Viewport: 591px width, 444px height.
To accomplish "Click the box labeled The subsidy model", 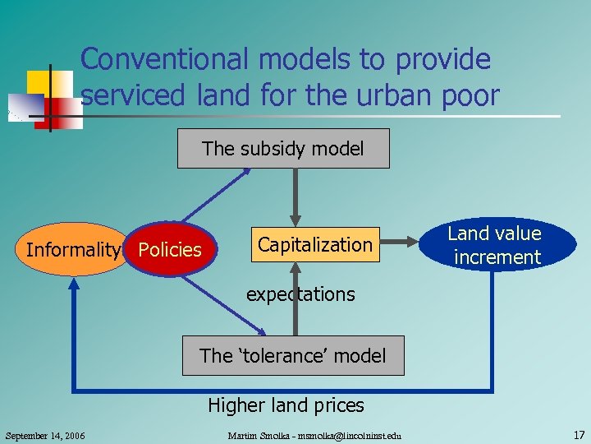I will pyautogui.click(x=283, y=149).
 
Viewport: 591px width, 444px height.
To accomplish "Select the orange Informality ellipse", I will pyautogui.click(x=72, y=249).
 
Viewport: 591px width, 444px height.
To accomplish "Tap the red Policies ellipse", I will pyautogui.click(x=170, y=249).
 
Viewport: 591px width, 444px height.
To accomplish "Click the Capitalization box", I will pyautogui.click(x=314, y=244).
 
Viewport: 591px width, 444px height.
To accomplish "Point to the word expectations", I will pyautogui.click(x=300, y=294).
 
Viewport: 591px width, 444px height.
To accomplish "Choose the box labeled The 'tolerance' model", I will pyautogui.click(x=292, y=355).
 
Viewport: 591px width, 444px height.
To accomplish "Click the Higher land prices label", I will pyautogui.click(x=286, y=405).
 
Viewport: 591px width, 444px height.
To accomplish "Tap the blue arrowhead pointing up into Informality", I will pyautogui.click(x=74, y=284).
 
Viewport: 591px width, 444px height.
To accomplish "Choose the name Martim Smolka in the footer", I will pyautogui.click(x=254, y=435).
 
